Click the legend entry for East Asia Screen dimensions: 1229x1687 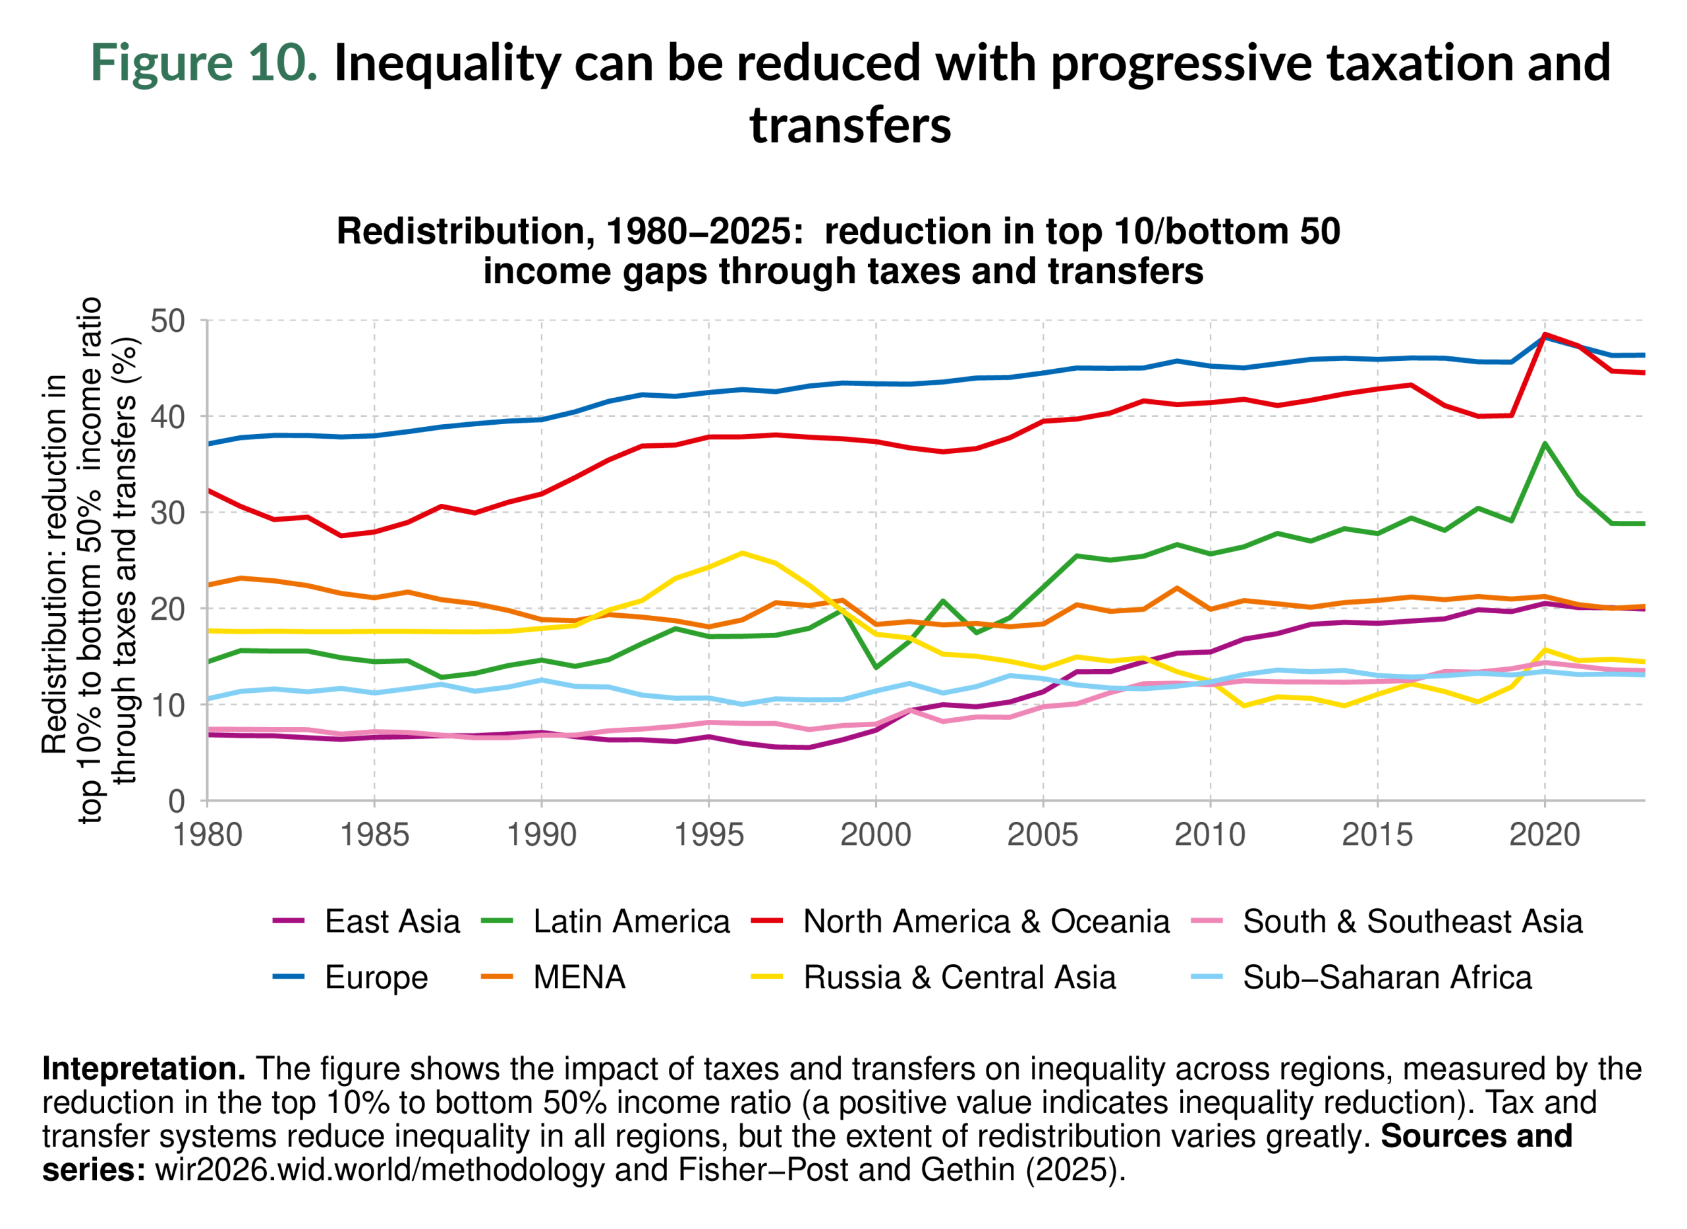[391, 922]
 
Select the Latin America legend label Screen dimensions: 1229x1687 [631, 922]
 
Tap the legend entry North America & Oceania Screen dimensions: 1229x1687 [986, 922]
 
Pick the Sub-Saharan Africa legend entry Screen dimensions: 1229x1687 [1387, 977]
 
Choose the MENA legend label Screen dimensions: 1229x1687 [579, 977]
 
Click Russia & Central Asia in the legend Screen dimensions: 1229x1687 [959, 977]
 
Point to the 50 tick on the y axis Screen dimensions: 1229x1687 [167, 321]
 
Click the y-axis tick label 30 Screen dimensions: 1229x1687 [167, 513]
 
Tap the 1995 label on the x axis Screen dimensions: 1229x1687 [708, 835]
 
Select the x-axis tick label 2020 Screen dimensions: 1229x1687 [1544, 835]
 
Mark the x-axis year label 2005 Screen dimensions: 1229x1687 [1043, 835]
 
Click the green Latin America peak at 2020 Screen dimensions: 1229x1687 [1545, 444]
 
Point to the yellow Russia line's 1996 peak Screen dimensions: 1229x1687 [742, 553]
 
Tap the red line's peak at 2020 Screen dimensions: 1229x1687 [1545, 335]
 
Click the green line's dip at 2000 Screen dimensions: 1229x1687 [876, 667]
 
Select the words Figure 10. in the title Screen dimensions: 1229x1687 [204, 63]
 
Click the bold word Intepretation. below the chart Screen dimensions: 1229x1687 [144, 1069]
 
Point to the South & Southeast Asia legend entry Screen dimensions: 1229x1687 [1412, 922]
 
